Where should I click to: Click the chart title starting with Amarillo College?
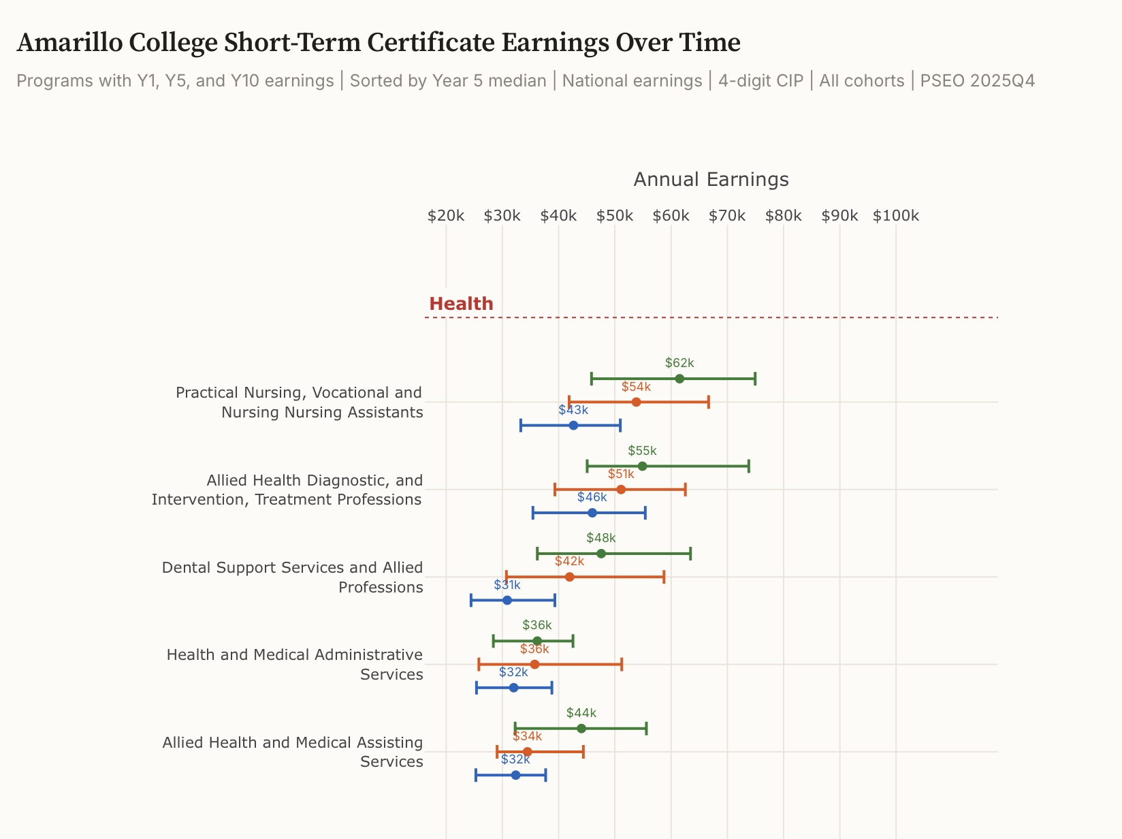pyautogui.click(x=378, y=43)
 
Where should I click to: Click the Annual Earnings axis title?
pyautogui.click(x=711, y=179)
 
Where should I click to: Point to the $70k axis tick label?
pyautogui.click(x=727, y=216)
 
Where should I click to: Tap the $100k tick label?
pyautogui.click(x=895, y=216)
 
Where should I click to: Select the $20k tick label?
pyautogui.click(x=446, y=216)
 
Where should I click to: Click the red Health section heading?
pyautogui.click(x=461, y=304)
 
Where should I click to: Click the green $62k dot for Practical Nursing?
pyautogui.click(x=679, y=379)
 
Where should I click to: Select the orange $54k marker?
pyautogui.click(x=636, y=402)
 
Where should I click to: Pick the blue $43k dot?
pyautogui.click(x=573, y=425)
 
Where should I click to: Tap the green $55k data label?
pyautogui.click(x=642, y=451)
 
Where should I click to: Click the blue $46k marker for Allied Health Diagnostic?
pyautogui.click(x=592, y=513)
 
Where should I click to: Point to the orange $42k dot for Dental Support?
pyautogui.click(x=569, y=577)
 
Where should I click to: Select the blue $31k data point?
pyautogui.click(x=507, y=600)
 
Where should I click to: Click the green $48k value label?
pyautogui.click(x=600, y=538)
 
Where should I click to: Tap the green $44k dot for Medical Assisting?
pyautogui.click(x=581, y=729)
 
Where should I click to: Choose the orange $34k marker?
pyautogui.click(x=527, y=752)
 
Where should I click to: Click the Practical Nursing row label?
pyautogui.click(x=300, y=402)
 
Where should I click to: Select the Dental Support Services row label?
pyautogui.click(x=293, y=577)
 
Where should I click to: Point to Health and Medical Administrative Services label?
pyautogui.click(x=295, y=664)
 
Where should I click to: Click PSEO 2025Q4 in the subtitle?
pyautogui.click(x=977, y=81)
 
